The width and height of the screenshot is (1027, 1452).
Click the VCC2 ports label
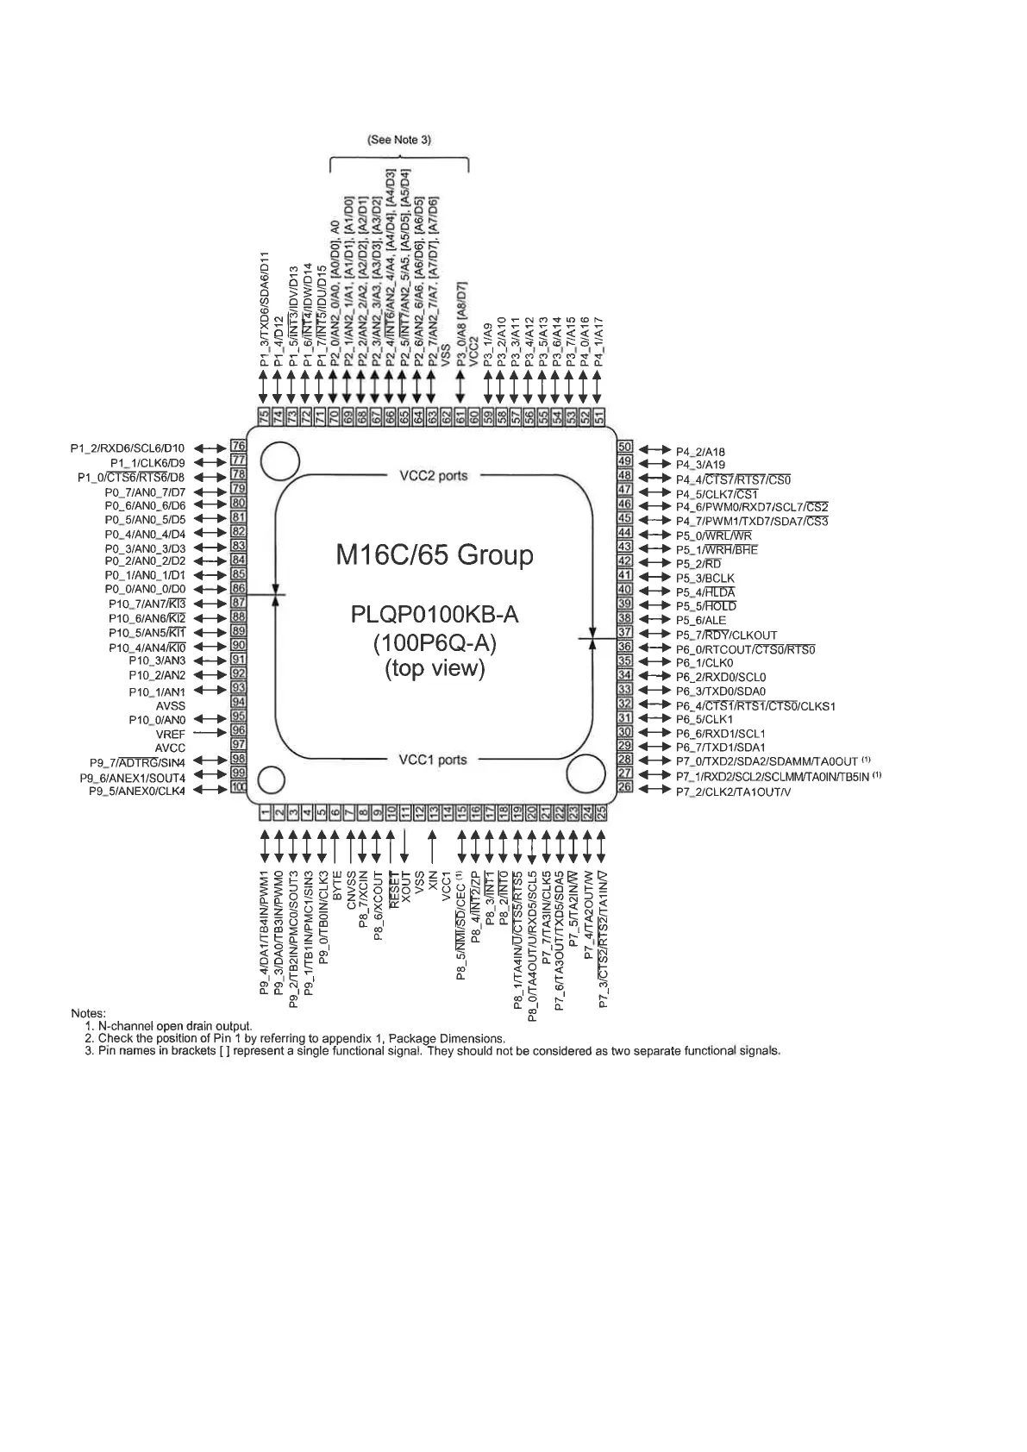(x=433, y=476)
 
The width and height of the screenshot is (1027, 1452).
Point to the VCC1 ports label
(x=432, y=760)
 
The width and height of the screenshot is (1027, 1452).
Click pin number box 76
(x=238, y=447)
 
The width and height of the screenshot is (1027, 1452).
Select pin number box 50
(x=625, y=447)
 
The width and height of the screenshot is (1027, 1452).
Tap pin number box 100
(x=238, y=787)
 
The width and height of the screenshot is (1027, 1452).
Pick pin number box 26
(x=625, y=786)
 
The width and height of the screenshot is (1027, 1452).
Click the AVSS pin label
(x=170, y=705)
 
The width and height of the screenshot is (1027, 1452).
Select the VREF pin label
(x=170, y=734)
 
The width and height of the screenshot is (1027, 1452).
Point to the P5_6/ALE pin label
(x=700, y=620)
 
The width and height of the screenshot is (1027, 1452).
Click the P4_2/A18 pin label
(x=699, y=451)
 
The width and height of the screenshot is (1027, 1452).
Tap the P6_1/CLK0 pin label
(x=704, y=662)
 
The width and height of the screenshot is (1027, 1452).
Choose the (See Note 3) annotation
(x=398, y=140)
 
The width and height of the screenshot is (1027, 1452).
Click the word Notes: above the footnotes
(x=88, y=1013)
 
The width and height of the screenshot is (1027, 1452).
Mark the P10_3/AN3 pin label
(x=156, y=660)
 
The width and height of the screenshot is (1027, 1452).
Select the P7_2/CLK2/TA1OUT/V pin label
(x=732, y=792)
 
